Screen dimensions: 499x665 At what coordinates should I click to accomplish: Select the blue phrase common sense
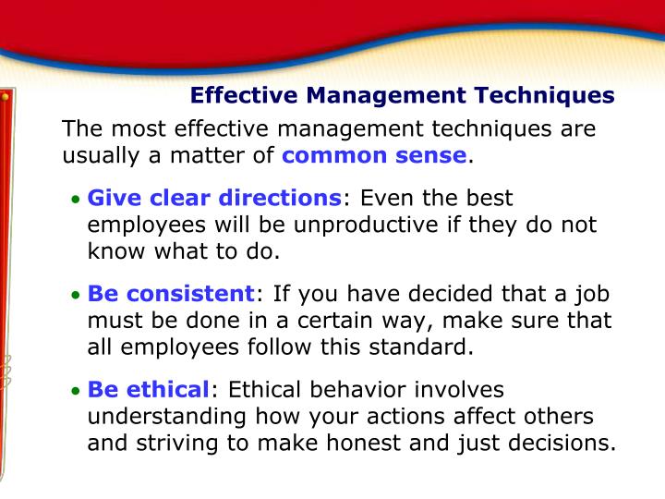[x=374, y=154]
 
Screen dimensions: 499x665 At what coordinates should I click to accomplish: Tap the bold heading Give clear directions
[x=213, y=198]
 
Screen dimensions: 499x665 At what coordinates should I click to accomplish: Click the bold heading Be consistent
[x=171, y=294]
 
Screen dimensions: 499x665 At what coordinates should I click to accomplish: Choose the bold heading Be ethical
[x=149, y=390]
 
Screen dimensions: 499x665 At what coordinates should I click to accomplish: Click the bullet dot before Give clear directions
[x=77, y=200]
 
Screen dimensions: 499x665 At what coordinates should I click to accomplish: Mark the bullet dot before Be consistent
[x=77, y=296]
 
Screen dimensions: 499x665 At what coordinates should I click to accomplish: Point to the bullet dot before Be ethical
[x=77, y=392]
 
